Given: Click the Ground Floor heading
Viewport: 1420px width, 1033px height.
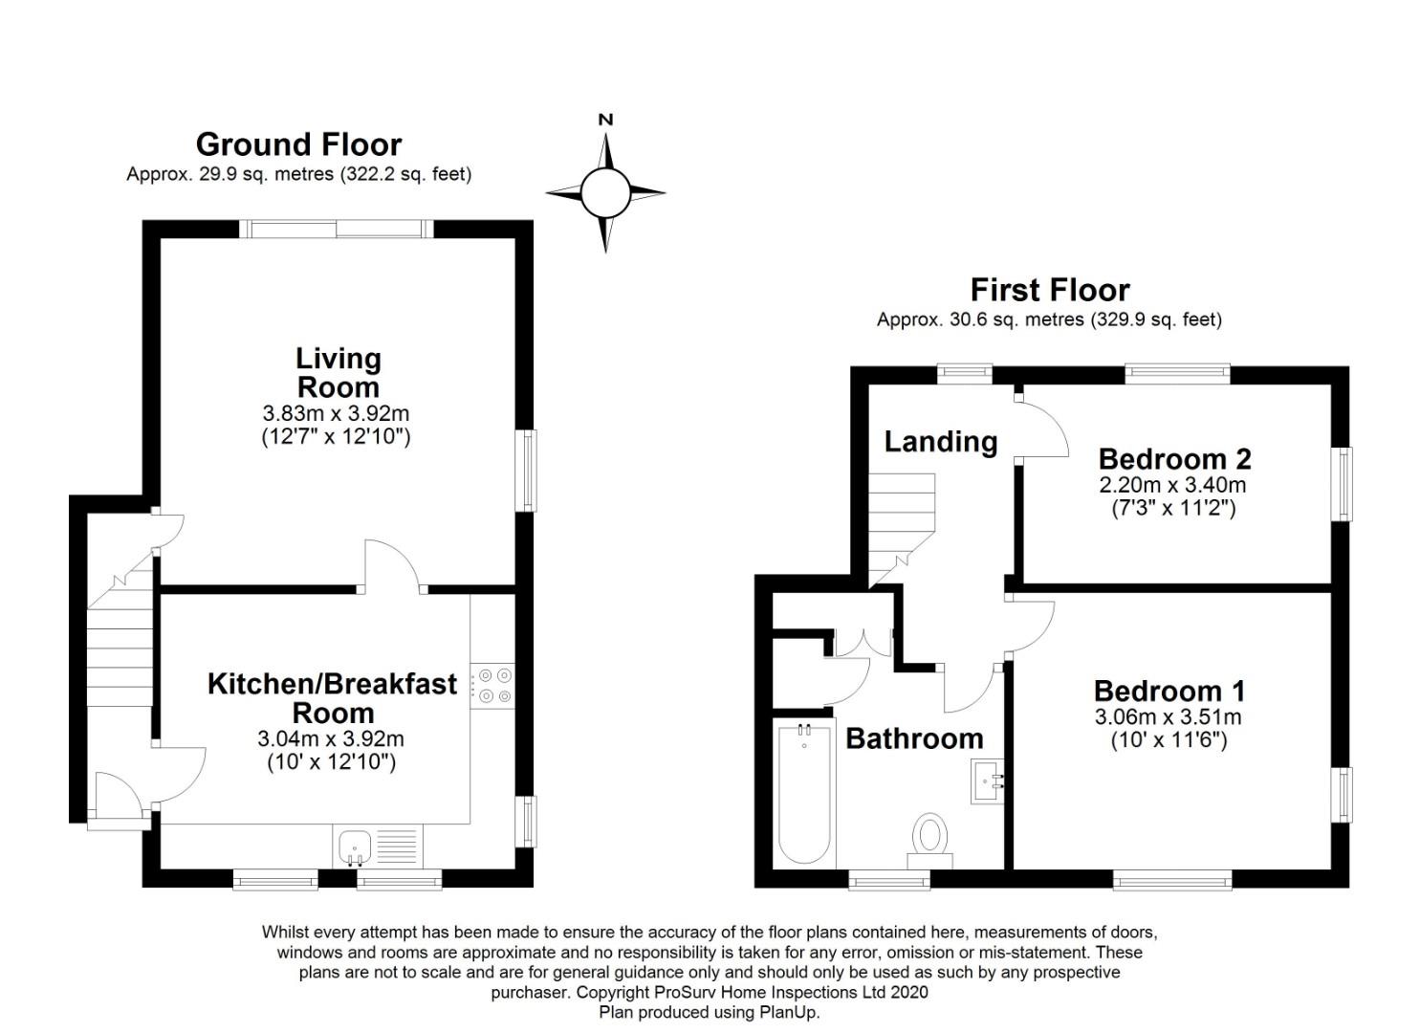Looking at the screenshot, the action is coord(298,145).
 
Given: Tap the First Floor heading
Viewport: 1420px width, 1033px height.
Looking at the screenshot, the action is coord(1050,291).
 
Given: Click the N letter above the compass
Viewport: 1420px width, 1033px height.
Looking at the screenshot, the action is coord(606,120).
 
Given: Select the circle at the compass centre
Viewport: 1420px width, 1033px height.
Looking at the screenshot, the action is coord(606,193).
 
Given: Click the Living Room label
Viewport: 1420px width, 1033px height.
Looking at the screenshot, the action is coord(339,373).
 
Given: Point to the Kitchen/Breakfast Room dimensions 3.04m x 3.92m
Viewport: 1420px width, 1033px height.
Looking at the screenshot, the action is coord(331,738).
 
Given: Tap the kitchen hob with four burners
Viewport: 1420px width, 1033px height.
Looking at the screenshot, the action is coord(492,686).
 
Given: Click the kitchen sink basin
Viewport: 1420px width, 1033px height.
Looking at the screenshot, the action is coord(355,847).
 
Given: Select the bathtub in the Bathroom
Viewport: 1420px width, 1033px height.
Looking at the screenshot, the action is coord(804,794).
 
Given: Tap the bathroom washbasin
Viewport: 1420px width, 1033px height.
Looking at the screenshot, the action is coord(988,782).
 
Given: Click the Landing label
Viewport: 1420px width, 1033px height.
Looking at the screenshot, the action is coord(941,442).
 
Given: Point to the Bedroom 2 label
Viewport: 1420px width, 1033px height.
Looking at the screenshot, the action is coord(1175,459).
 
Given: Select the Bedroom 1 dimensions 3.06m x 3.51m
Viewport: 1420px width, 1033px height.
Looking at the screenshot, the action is coord(1169,717).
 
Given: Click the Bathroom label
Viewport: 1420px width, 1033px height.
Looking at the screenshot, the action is coord(914,738).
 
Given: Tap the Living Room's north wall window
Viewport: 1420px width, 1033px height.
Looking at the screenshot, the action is coord(337,229).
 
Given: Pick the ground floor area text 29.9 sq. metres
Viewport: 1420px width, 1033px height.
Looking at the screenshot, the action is coord(267,174).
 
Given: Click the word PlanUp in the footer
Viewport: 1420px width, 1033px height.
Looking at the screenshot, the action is coord(789,1012).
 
